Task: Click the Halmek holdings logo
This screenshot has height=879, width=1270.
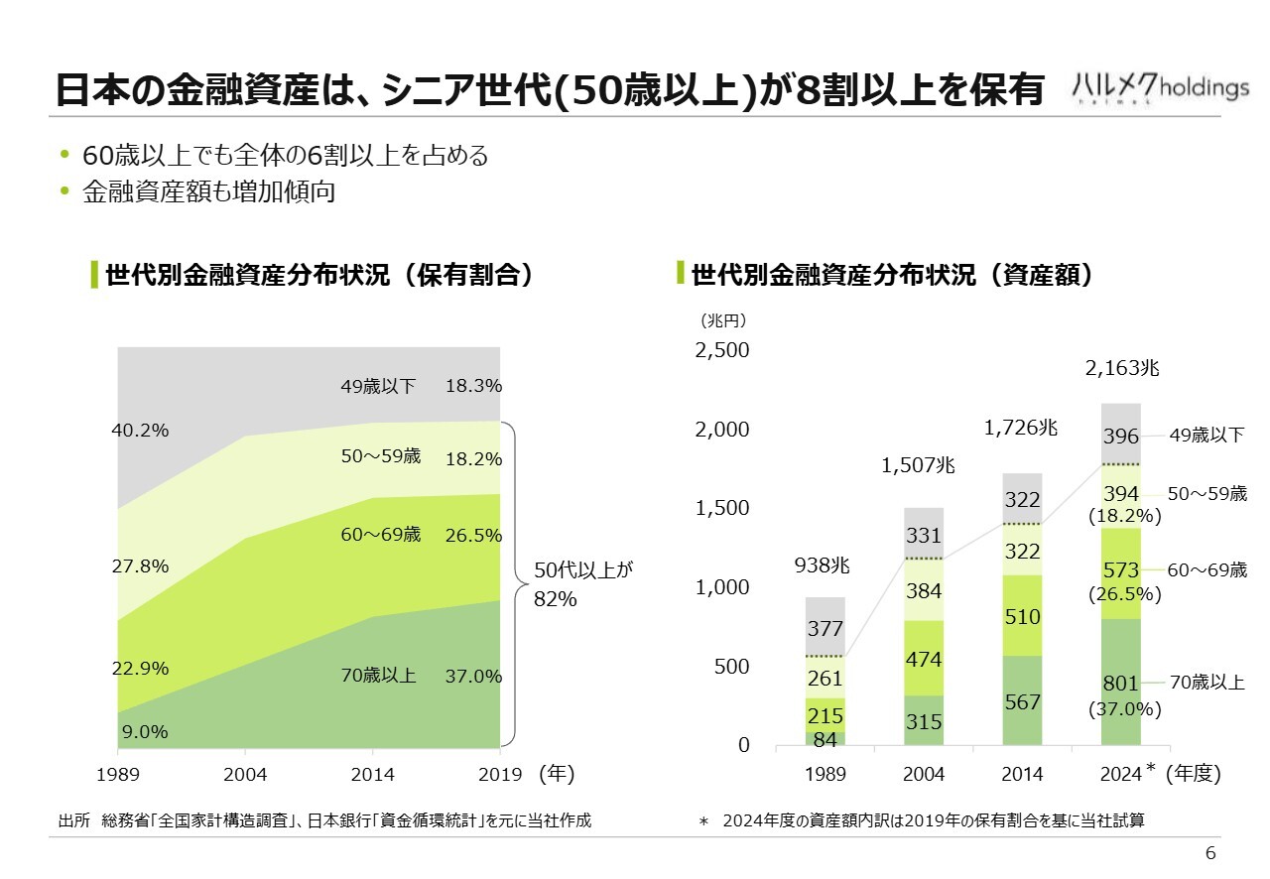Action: tap(1160, 87)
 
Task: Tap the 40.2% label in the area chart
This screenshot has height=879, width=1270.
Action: tap(139, 431)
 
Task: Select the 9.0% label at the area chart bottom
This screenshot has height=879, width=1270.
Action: tap(144, 732)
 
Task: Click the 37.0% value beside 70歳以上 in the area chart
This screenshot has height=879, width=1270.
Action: tap(473, 677)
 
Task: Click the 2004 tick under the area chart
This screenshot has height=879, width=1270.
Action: tap(245, 774)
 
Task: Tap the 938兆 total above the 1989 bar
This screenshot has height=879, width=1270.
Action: tap(823, 566)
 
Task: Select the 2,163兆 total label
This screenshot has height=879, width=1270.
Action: tap(1122, 369)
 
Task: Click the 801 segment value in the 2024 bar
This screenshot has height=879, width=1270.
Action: tap(1120, 685)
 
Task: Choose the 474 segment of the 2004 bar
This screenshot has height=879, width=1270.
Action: tap(924, 659)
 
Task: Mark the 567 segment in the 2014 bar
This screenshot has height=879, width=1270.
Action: tap(1022, 702)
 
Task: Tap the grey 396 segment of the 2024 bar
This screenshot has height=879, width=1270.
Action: tap(1120, 436)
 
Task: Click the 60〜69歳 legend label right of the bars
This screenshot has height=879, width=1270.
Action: tap(1206, 570)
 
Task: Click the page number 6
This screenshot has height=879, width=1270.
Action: tap(1209, 854)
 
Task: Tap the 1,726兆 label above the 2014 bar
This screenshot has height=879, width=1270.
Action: tap(1021, 429)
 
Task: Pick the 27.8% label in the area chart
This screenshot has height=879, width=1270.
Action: tap(139, 566)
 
